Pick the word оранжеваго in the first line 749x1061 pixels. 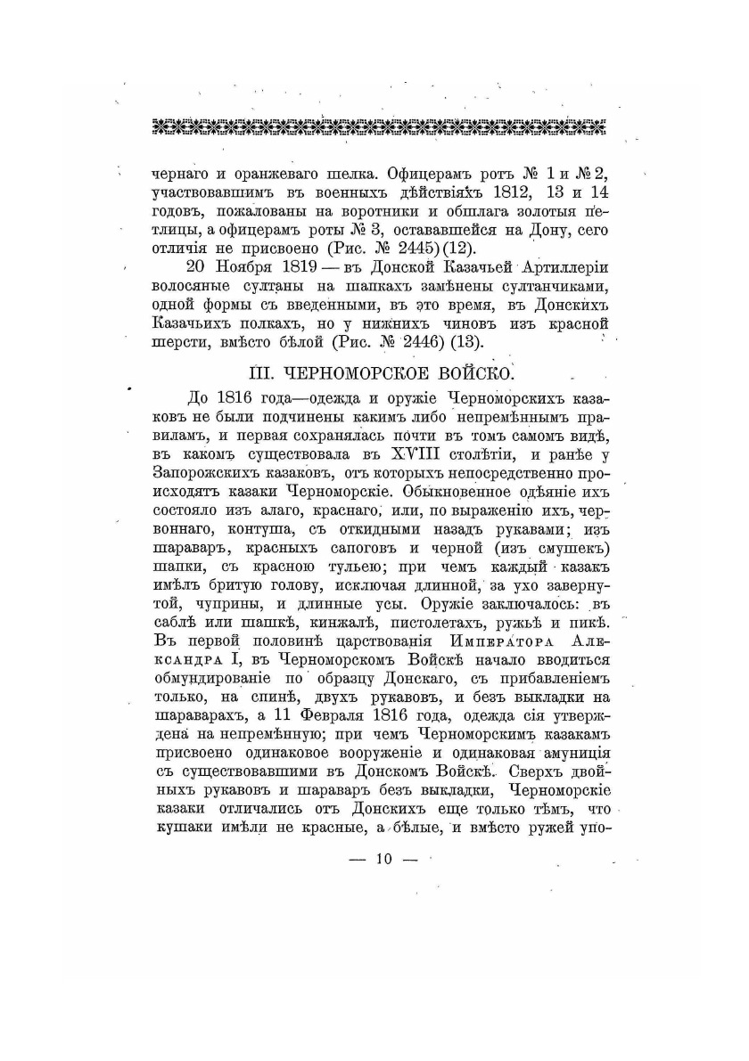[x=260, y=174]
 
